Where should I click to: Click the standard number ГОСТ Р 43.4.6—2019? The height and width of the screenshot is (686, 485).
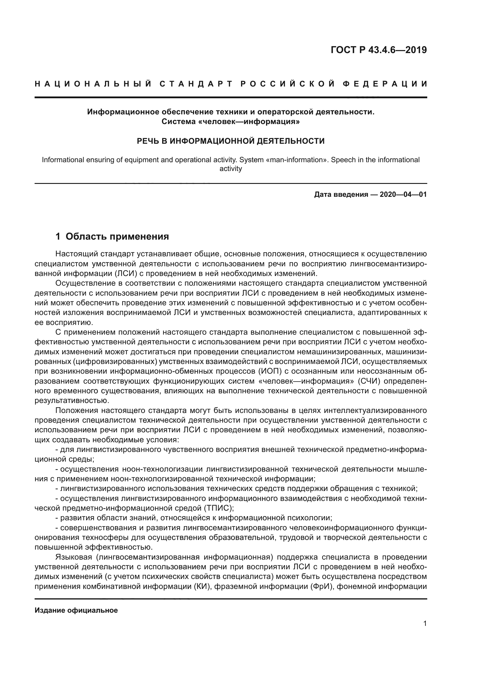[x=378, y=50]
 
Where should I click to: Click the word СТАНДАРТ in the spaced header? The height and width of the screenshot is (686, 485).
[x=196, y=84]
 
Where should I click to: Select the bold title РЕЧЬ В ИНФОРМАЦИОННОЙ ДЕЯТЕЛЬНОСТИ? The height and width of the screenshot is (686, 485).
[x=230, y=141]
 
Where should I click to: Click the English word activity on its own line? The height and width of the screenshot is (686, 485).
[x=230, y=169]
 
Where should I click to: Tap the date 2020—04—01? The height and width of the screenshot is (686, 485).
[x=403, y=195]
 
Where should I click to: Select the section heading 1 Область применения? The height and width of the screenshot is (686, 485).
[x=112, y=237]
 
